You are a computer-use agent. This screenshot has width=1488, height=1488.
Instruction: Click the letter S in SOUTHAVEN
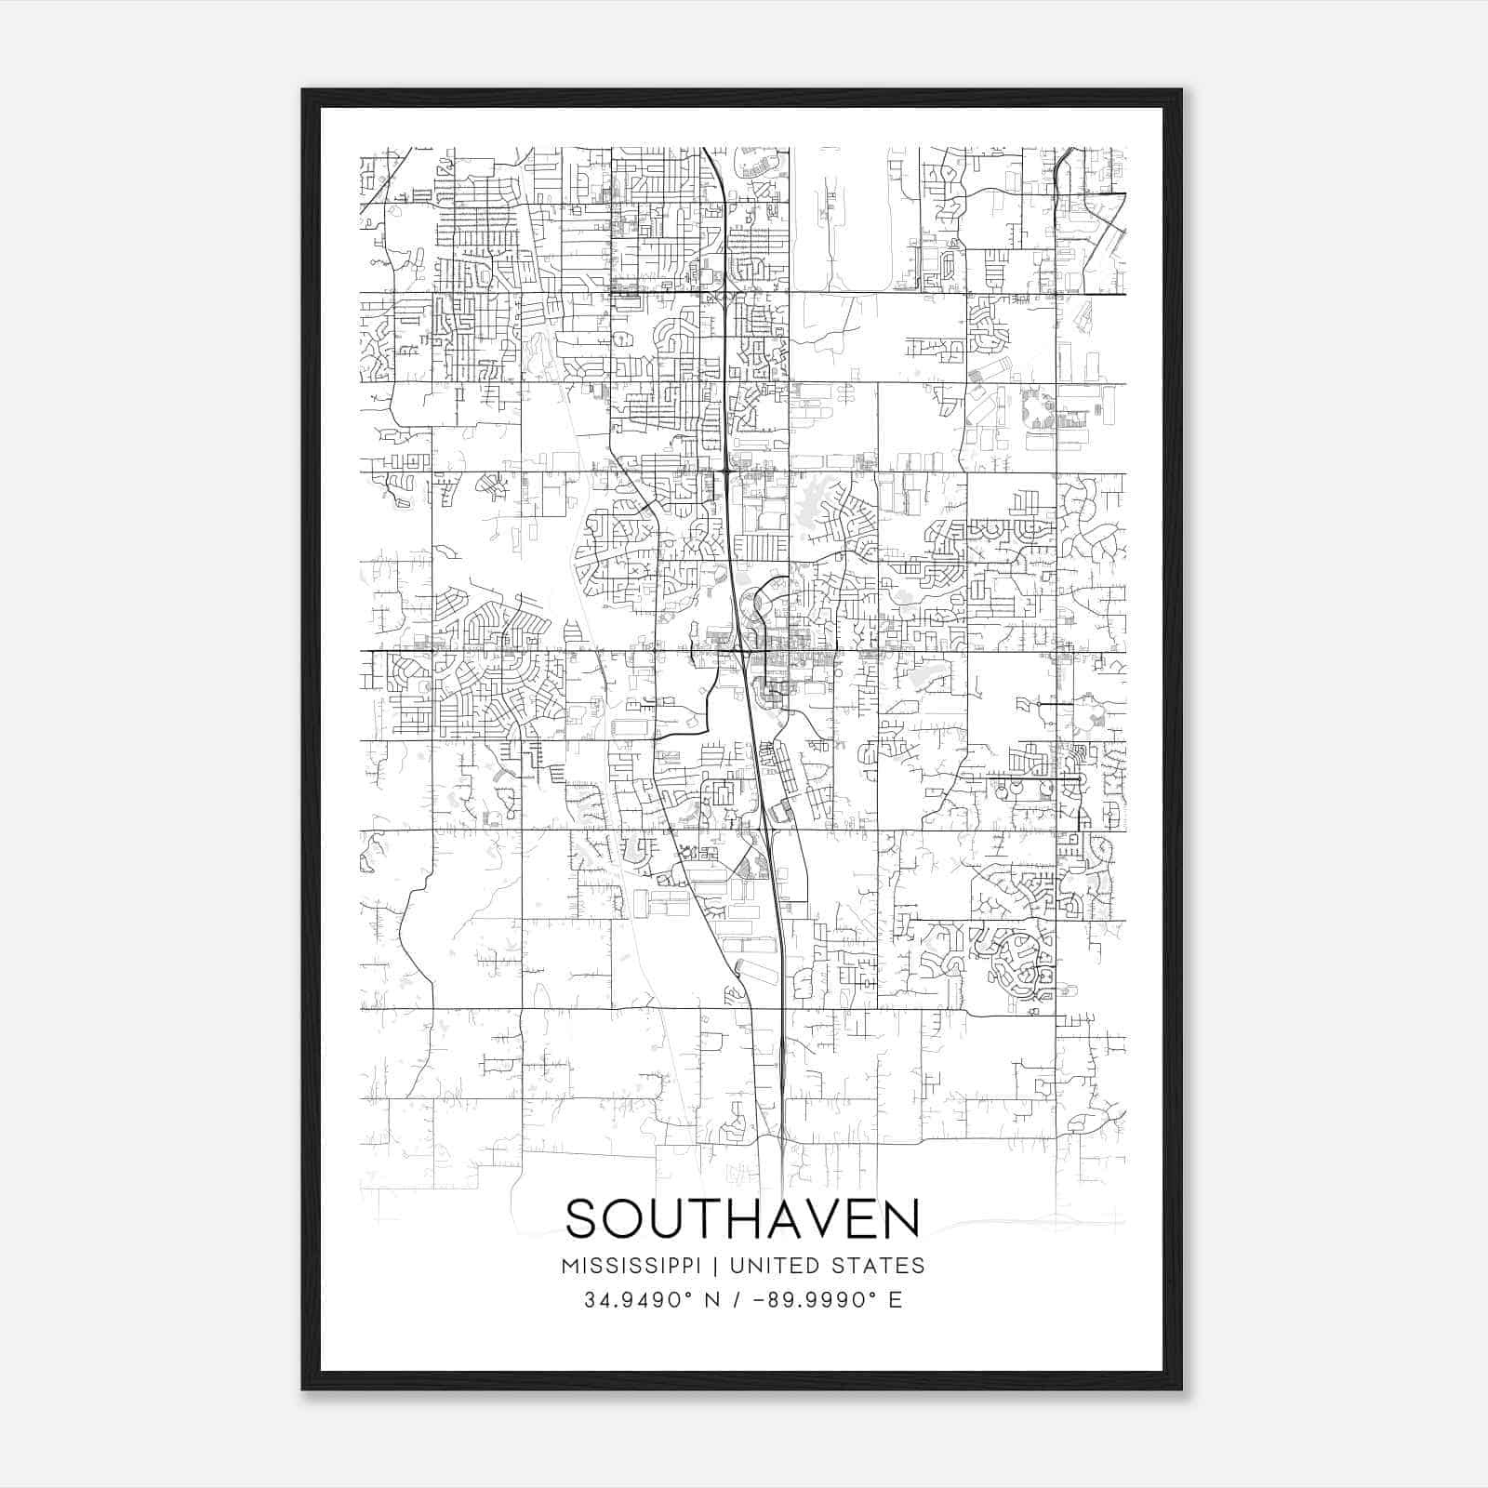(x=583, y=1219)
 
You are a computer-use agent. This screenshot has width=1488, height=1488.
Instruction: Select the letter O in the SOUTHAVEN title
(x=628, y=1219)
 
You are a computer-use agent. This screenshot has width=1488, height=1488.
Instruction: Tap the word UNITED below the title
(x=766, y=1266)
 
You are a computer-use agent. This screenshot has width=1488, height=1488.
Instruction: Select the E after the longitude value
(x=896, y=1300)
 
